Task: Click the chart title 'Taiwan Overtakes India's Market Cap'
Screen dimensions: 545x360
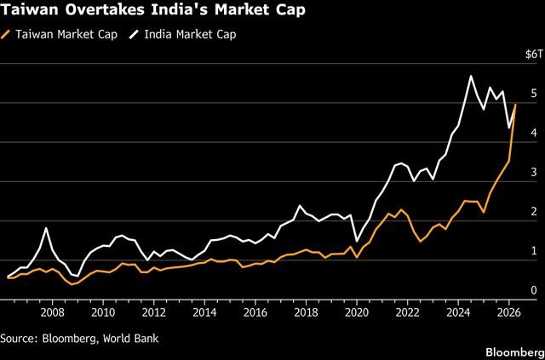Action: click(x=153, y=10)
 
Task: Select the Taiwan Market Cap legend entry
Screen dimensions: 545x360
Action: click(x=59, y=35)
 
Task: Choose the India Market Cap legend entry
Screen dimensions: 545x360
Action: click(x=183, y=35)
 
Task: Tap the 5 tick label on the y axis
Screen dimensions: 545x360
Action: click(x=534, y=94)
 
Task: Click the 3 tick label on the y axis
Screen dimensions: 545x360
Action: click(x=534, y=173)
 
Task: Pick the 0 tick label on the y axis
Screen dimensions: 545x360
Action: click(x=534, y=290)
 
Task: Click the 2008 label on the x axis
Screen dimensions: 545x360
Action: click(x=53, y=312)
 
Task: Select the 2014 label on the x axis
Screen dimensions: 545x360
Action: click(x=204, y=312)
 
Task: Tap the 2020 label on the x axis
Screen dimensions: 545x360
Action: click(x=357, y=312)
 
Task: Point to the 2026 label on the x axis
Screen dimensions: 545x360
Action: click(x=509, y=312)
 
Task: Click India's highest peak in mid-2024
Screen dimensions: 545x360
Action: click(x=471, y=76)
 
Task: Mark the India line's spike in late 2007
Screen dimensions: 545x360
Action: click(x=46, y=228)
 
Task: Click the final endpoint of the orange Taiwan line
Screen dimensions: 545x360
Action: click(x=515, y=104)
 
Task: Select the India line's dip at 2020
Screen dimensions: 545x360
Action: click(x=357, y=241)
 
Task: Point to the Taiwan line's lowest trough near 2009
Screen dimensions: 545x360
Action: click(x=72, y=284)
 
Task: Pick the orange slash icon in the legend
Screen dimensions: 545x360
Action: click(x=6, y=35)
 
